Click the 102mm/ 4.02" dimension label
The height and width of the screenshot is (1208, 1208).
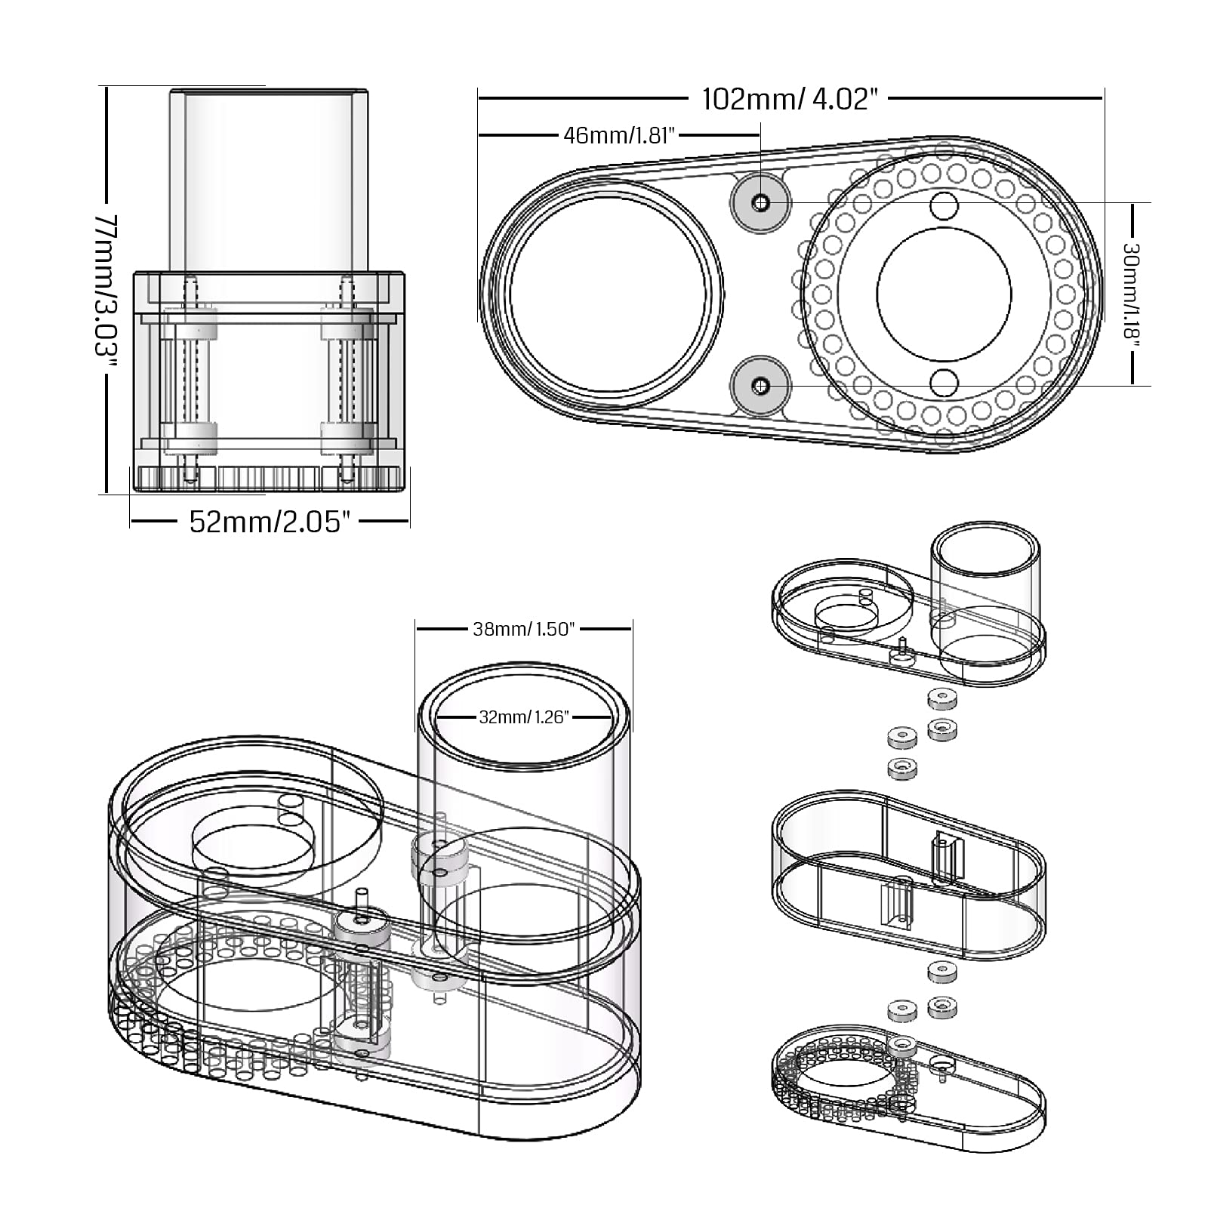click(790, 99)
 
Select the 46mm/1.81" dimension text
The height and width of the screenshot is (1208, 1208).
click(618, 135)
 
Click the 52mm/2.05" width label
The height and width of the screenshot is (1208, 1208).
click(270, 522)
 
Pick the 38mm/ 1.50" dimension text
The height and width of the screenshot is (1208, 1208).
click(524, 629)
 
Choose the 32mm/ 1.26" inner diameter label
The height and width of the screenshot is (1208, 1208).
click(524, 716)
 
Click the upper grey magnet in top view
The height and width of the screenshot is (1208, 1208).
click(760, 202)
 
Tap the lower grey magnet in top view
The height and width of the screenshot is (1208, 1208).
click(760, 387)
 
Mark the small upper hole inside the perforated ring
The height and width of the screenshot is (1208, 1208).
click(944, 205)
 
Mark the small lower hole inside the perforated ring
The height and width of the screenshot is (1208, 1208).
click(944, 384)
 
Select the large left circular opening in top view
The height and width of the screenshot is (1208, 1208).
click(609, 294)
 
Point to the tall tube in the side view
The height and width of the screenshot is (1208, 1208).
click(268, 177)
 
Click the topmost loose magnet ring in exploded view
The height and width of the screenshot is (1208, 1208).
click(940, 699)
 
